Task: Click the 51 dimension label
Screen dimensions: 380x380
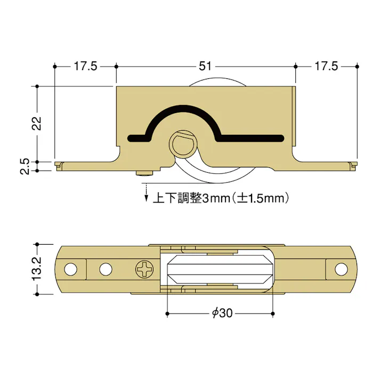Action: [205, 66]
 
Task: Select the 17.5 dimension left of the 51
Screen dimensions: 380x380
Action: [85, 66]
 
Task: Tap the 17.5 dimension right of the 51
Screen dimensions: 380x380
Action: [326, 66]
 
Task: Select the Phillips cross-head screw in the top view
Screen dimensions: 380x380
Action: [144, 269]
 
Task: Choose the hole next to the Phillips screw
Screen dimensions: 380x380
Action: [106, 269]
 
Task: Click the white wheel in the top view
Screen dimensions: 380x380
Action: [221, 269]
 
